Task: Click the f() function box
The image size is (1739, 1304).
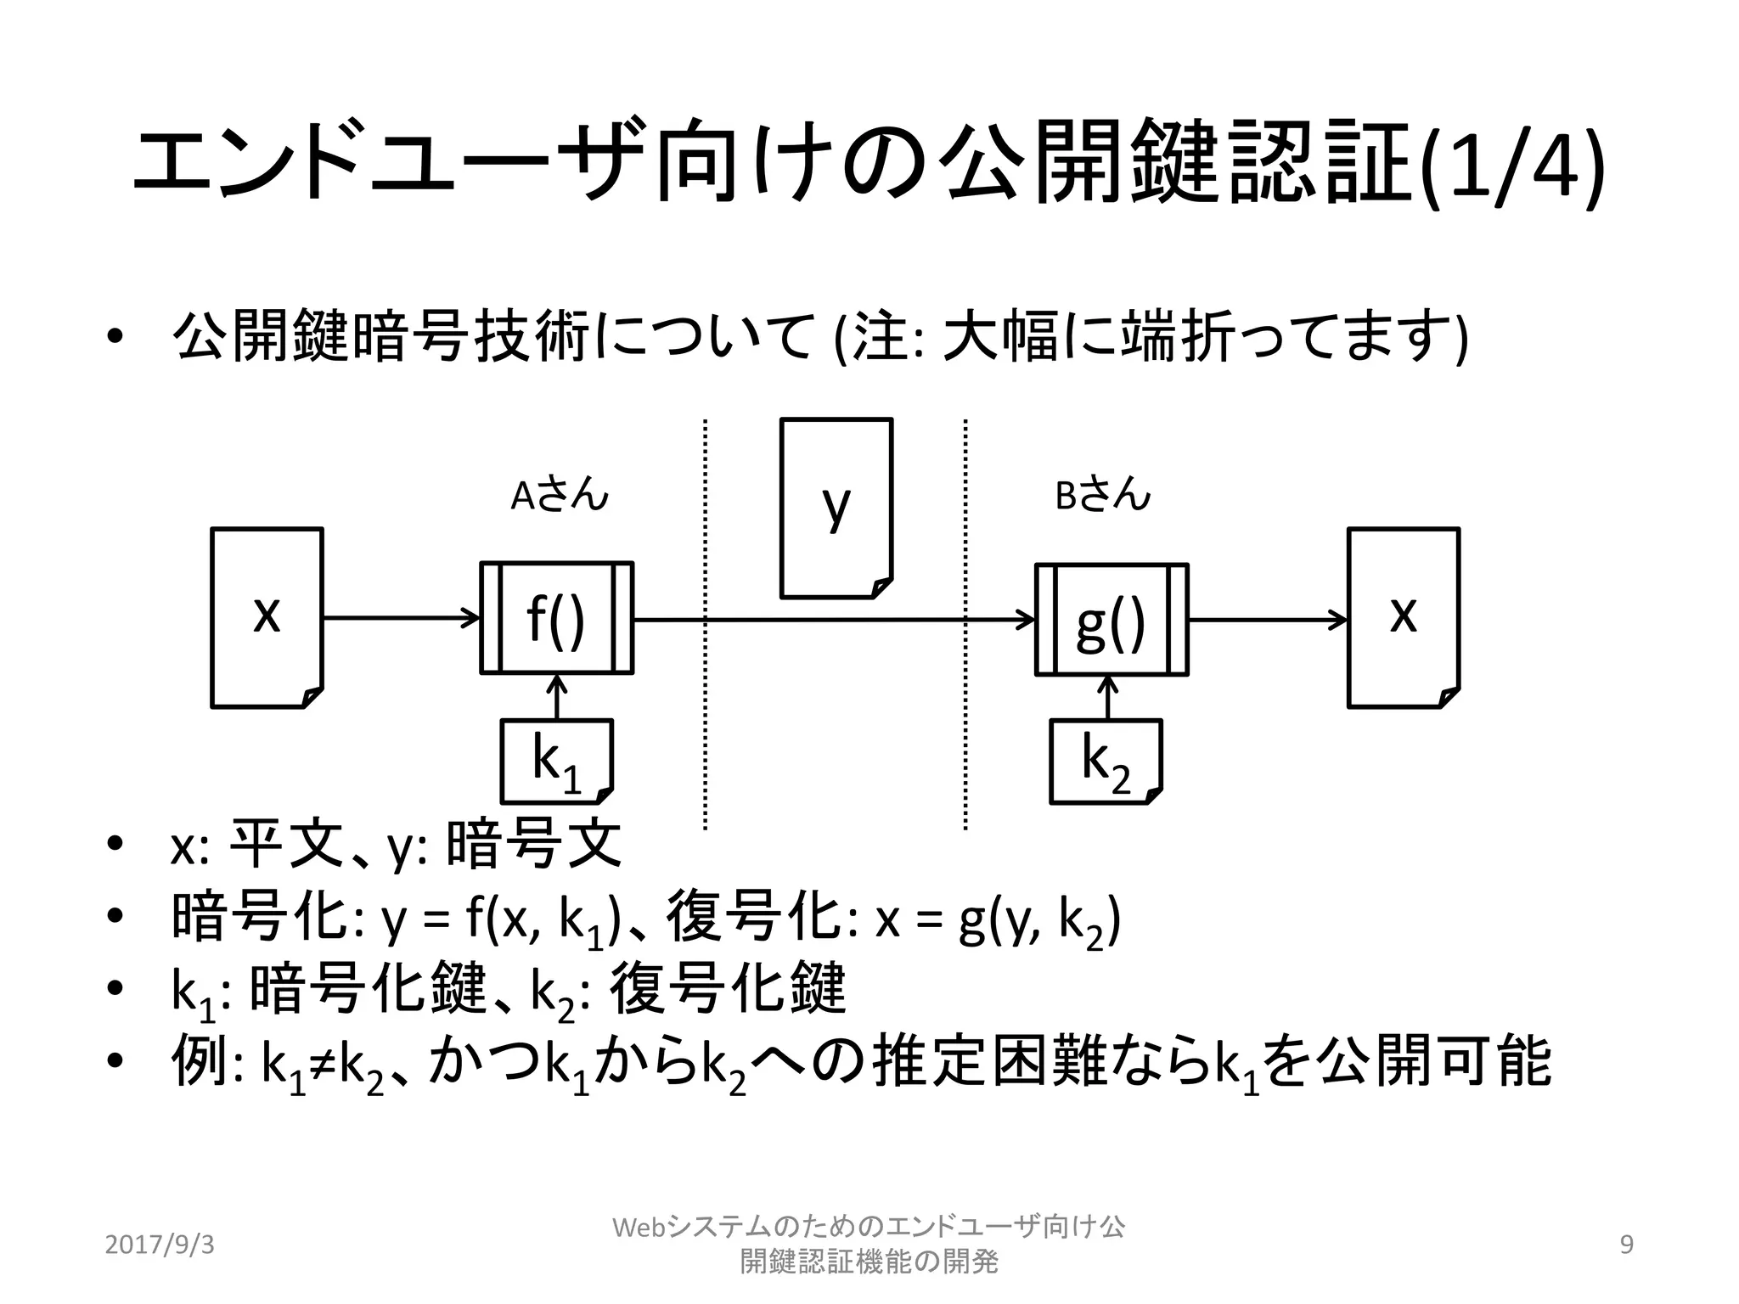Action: (556, 618)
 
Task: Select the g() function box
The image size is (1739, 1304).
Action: (1111, 620)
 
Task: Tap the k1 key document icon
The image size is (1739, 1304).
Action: (556, 761)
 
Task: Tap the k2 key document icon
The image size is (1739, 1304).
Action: (1106, 761)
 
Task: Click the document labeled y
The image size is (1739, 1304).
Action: (836, 508)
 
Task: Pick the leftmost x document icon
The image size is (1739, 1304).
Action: (267, 617)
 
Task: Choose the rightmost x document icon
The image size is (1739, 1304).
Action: (1404, 617)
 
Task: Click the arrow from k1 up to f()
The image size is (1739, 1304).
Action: (556, 698)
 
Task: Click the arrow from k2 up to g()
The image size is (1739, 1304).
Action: (1107, 698)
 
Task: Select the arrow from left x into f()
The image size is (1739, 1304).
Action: (401, 617)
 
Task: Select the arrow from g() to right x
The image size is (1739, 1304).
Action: (1267, 620)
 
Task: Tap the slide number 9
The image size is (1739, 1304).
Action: (1627, 1245)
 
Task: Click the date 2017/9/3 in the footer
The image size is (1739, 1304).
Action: (160, 1245)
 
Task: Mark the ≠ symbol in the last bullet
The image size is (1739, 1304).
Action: (322, 1064)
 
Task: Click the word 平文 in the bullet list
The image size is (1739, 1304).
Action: (287, 846)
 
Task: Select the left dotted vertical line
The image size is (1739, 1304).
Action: (705, 624)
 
